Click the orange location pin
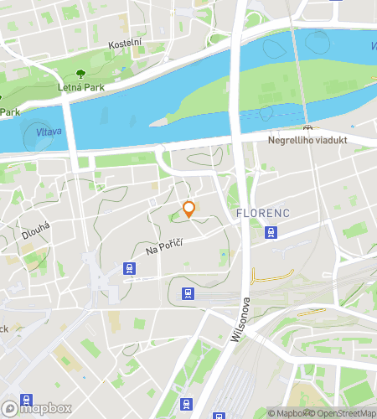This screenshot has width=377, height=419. coord(189,209)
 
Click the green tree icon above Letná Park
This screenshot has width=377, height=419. coord(80,74)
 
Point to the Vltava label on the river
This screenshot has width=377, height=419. coord(48,132)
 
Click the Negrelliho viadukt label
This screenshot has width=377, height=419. coord(308,141)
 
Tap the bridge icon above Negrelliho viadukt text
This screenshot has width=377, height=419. coord(308,127)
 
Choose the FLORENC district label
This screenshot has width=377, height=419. coord(263,213)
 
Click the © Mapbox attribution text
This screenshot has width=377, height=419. coord(287,412)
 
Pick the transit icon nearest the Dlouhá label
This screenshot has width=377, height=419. coord(129,268)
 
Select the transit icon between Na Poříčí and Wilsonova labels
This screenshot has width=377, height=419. coord(188,293)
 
